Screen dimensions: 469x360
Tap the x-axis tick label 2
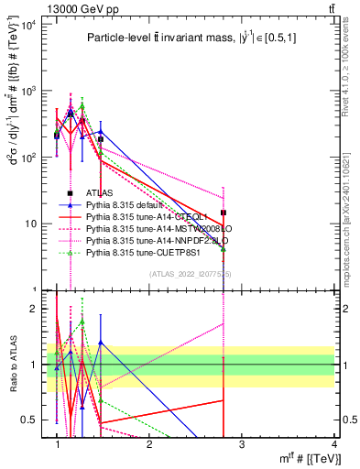click(150, 444)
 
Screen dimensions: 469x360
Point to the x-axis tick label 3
click(243, 444)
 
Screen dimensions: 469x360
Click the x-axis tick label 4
click(334, 444)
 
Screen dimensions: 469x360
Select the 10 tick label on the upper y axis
click(30, 224)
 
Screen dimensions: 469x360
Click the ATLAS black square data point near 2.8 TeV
click(224, 213)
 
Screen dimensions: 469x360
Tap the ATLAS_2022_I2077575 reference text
click(191, 274)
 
